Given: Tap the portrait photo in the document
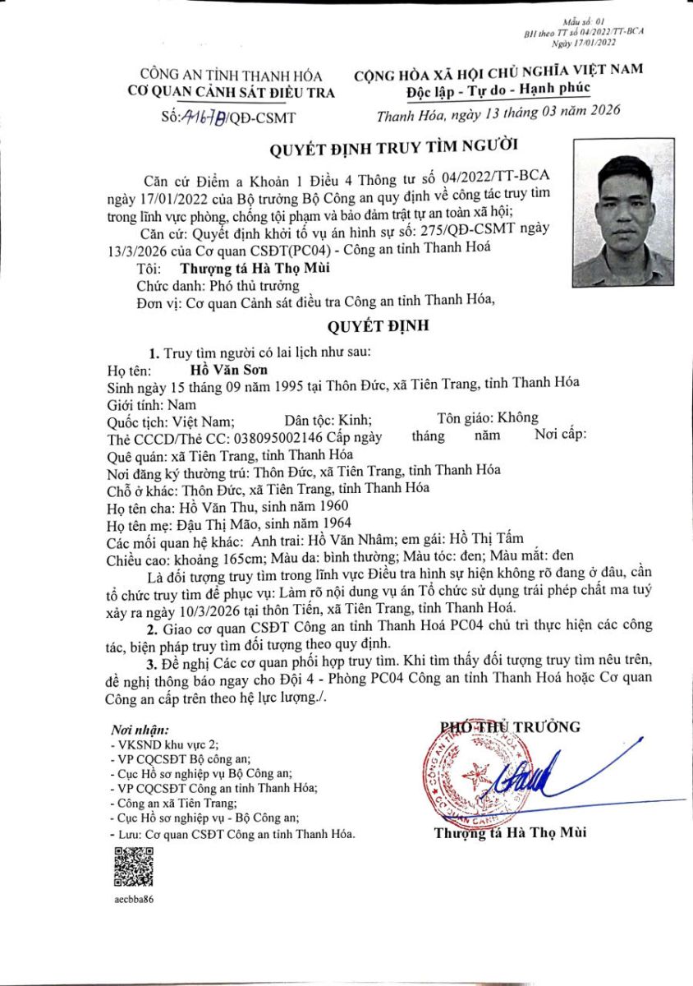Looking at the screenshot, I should click(624, 210).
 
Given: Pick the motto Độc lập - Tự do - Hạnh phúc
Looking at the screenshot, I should click(498, 89).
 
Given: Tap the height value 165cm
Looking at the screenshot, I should click(237, 558).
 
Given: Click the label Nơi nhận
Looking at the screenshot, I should click(140, 729).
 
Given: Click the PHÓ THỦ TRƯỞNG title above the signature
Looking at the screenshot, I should click(510, 727).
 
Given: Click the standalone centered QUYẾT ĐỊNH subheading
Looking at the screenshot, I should click(378, 326).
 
